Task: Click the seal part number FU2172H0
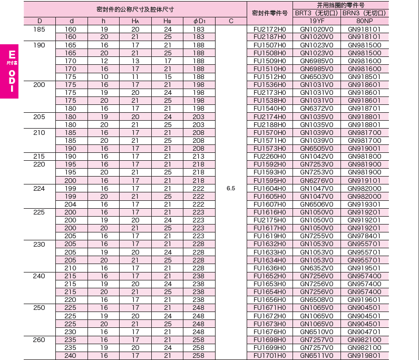pyautogui.click(x=269, y=29)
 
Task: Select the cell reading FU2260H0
pyautogui.click(x=269, y=157)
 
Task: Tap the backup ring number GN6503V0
pyautogui.click(x=317, y=77)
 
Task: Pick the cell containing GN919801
pyautogui.click(x=364, y=356)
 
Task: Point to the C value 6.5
pyautogui.click(x=231, y=188)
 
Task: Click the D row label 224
pyautogui.click(x=40, y=188)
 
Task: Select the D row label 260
pyautogui.click(x=40, y=340)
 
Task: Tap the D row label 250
pyautogui.click(x=40, y=308)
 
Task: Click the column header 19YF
pyautogui.click(x=317, y=21)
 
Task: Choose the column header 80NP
pyautogui.click(x=364, y=21)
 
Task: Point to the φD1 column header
pyautogui.click(x=199, y=21)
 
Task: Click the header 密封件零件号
pyautogui.click(x=269, y=13)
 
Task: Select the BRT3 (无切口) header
pyautogui.click(x=317, y=13)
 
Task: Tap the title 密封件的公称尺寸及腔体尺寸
pyautogui.click(x=135, y=9)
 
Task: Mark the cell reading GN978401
pyautogui.click(x=364, y=236)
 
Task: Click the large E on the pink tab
pyautogui.click(x=11, y=54)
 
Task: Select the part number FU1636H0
pyautogui.click(x=269, y=268)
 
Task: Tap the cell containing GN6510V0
pyautogui.click(x=317, y=332)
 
